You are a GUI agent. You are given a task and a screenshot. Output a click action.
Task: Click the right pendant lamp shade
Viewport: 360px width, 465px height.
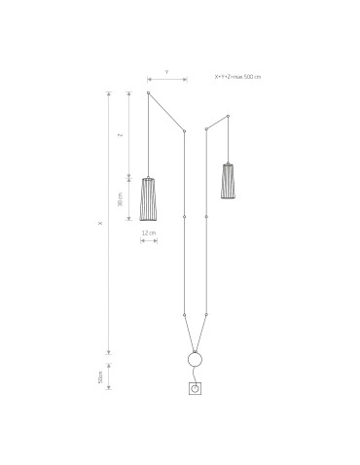coord(228,180)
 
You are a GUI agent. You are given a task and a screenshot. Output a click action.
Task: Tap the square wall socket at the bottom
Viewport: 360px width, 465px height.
coord(195,390)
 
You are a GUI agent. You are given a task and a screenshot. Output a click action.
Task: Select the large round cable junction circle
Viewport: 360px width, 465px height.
coord(195,360)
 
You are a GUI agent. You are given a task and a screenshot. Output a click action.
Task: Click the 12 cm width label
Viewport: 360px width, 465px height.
coord(149,233)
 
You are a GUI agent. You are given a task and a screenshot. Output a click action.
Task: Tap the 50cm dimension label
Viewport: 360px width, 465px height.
coord(100,376)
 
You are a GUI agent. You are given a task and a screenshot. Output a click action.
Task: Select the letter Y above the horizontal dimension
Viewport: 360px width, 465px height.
coord(166,72)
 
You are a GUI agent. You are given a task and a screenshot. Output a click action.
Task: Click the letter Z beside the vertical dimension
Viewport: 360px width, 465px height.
coord(120,135)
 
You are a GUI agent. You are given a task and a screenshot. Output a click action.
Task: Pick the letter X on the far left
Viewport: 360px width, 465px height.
coord(99,222)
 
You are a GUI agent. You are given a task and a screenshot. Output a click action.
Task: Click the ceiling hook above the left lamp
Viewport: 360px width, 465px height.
coord(148,93)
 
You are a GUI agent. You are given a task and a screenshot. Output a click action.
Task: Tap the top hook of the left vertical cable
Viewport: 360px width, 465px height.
coord(184,129)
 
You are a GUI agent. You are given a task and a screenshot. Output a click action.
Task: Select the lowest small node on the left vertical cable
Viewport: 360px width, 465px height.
coord(184,315)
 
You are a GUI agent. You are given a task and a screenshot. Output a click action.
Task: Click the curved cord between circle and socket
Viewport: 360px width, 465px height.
coord(198,376)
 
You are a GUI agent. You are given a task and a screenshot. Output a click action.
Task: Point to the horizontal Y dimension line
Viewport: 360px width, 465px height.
coord(166,80)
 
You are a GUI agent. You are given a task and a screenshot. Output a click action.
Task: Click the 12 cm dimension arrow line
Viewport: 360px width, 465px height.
coord(149,241)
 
